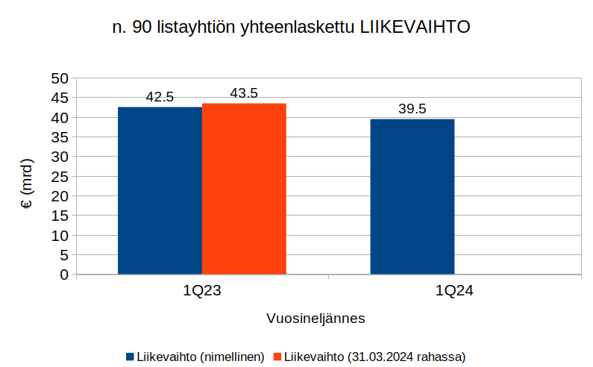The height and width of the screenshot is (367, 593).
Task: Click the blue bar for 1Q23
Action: [x=160, y=191]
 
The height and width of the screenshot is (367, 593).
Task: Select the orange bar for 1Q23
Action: [x=244, y=189]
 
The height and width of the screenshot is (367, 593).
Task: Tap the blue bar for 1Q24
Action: [x=412, y=197]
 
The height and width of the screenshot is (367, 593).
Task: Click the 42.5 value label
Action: [x=160, y=97]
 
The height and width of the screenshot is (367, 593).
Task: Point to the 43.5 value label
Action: [x=244, y=93]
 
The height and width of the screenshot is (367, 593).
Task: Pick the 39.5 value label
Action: [x=412, y=109]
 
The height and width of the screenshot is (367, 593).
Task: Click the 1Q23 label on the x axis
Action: [x=201, y=292]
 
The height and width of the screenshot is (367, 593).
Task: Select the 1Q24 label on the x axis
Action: [x=454, y=292]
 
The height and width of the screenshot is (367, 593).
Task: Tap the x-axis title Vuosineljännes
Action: [x=316, y=319]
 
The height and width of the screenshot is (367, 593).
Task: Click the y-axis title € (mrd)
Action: [x=27, y=183]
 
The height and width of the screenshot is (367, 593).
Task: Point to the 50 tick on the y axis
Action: [x=59, y=78]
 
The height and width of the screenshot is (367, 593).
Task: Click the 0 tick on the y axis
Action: [x=63, y=275]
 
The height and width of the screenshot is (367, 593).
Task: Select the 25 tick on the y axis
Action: [x=59, y=177]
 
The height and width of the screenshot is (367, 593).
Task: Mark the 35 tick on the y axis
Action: [x=59, y=137]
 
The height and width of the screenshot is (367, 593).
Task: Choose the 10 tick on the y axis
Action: [x=59, y=236]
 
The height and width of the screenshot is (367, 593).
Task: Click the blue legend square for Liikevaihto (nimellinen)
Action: [x=130, y=357]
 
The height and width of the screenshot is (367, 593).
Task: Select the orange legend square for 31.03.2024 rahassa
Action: [x=279, y=357]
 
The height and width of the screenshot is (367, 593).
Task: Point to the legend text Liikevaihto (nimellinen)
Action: [x=200, y=357]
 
